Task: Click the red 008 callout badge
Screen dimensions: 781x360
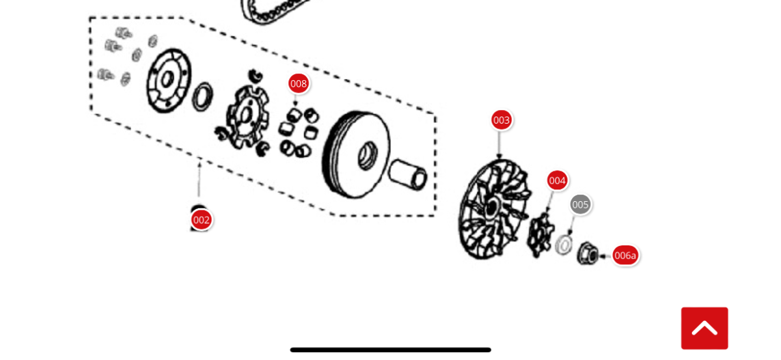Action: click(299, 84)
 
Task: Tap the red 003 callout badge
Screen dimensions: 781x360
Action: click(501, 120)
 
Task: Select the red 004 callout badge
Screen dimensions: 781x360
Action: click(557, 180)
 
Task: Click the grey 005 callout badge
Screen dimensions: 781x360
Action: click(580, 204)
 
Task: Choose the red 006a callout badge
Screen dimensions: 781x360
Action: click(625, 255)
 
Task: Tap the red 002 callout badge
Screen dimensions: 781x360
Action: click(201, 220)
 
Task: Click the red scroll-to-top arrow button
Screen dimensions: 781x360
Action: click(704, 328)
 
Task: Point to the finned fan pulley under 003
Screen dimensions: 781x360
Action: click(495, 210)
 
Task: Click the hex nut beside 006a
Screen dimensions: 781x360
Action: click(588, 253)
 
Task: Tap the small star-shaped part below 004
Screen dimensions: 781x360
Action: click(540, 236)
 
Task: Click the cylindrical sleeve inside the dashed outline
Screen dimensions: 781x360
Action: click(408, 174)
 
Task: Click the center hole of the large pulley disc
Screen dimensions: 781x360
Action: click(368, 156)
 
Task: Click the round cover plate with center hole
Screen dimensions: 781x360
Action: click(169, 81)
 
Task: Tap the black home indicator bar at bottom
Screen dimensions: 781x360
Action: click(390, 350)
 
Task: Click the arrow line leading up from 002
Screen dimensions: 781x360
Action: click(199, 178)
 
